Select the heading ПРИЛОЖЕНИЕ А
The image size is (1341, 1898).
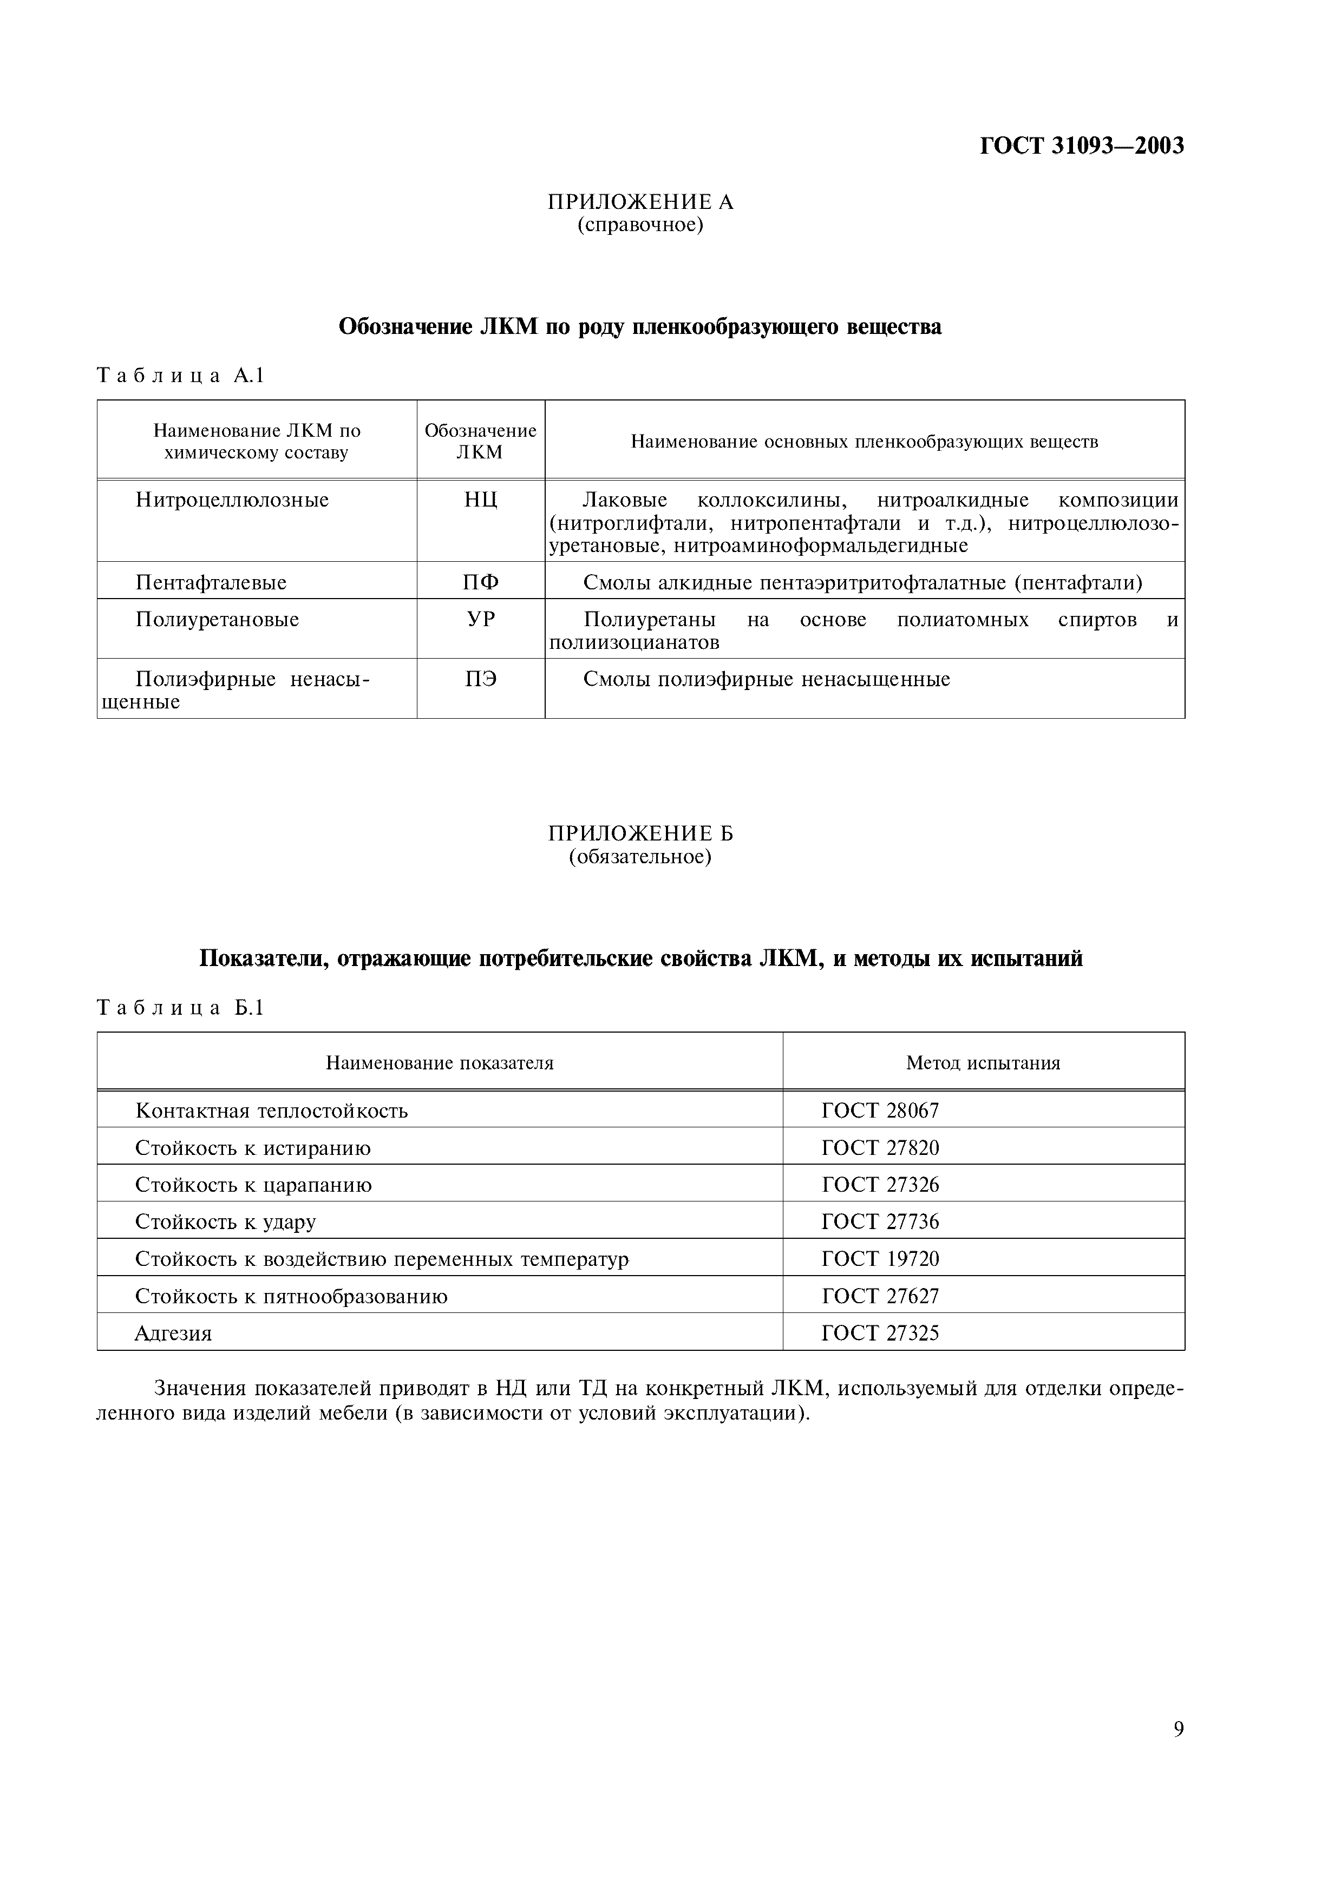tap(641, 202)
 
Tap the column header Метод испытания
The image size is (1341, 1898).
tap(983, 1063)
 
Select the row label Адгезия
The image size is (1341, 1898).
tap(174, 1334)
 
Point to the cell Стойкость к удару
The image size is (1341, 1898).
tap(226, 1222)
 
